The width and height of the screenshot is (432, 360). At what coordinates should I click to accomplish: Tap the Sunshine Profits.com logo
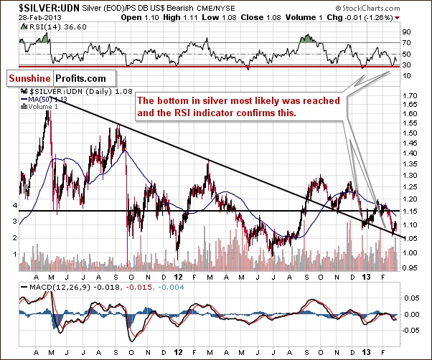click(48, 76)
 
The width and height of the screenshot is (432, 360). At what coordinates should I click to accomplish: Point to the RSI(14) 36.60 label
click(44, 24)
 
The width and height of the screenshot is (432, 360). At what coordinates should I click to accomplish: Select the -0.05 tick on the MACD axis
click(412, 330)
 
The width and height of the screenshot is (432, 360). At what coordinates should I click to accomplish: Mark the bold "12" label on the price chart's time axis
click(177, 277)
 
